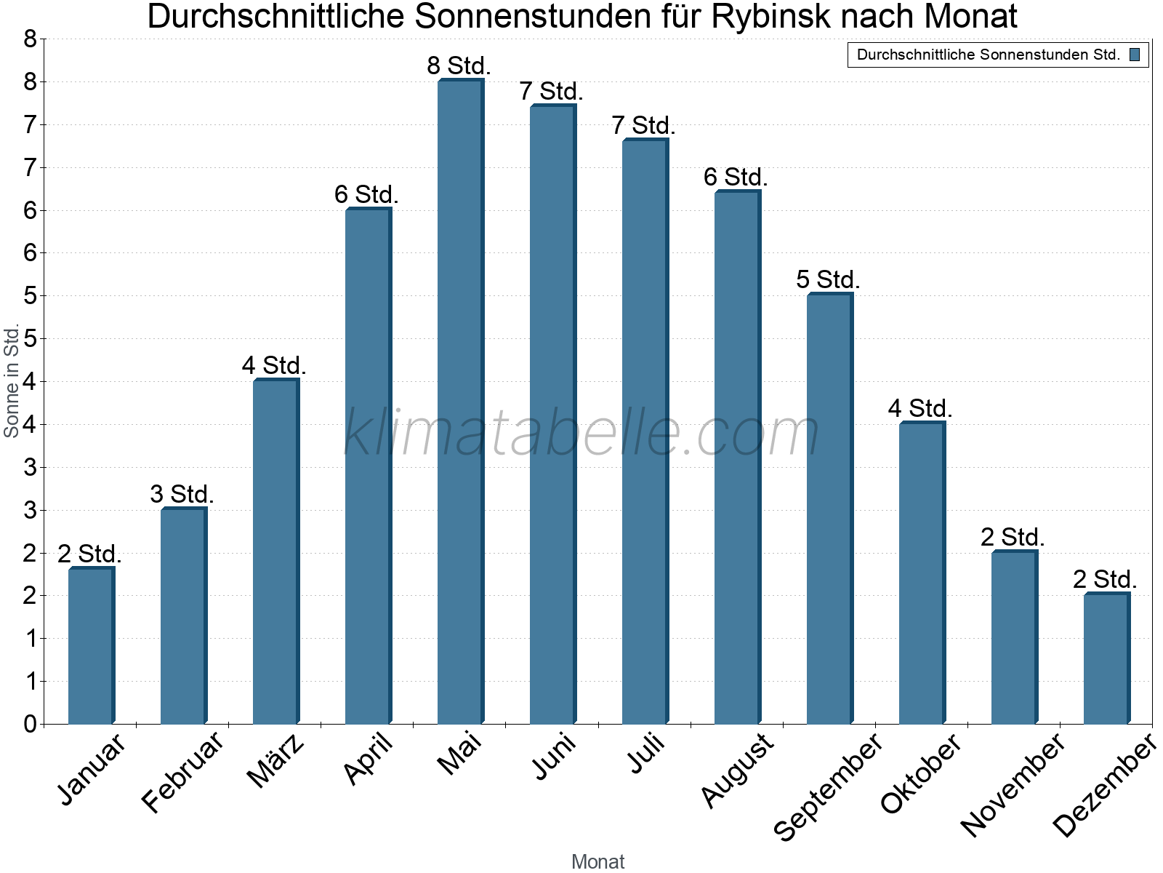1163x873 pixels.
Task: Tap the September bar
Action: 829,509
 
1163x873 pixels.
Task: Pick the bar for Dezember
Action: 1106,658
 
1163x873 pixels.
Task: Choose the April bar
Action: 368,466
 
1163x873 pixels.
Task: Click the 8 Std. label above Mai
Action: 459,66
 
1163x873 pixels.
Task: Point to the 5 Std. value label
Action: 828,279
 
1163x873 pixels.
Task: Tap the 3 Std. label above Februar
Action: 182,495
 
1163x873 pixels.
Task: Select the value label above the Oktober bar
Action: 920,409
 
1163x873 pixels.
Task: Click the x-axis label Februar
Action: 182,772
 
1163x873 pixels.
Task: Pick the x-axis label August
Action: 738,769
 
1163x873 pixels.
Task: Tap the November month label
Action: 1013,784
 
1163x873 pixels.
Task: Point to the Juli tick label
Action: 646,753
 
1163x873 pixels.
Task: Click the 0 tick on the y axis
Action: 30,724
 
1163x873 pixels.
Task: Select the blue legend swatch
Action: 1135,55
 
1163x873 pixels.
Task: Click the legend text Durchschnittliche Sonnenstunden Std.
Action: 989,55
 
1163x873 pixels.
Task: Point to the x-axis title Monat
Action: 597,861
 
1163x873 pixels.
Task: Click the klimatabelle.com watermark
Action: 581,433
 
